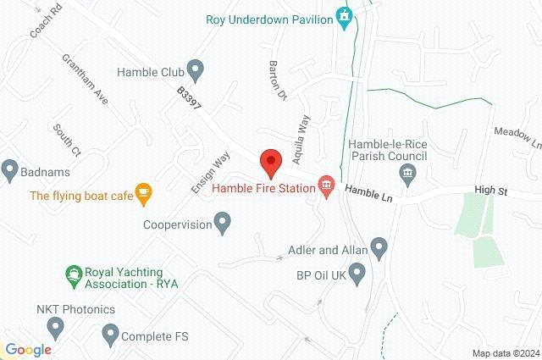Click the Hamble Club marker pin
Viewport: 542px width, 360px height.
tap(196, 68)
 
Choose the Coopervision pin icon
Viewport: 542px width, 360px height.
tap(223, 224)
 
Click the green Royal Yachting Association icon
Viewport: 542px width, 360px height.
tap(74, 275)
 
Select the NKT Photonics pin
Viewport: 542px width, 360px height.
tap(56, 326)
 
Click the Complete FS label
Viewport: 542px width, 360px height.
tap(154, 336)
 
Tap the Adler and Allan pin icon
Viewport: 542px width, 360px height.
tap(379, 248)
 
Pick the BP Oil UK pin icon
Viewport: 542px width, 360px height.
tap(357, 273)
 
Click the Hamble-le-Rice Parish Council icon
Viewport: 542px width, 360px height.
tap(408, 175)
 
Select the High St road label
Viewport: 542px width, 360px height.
tap(490, 192)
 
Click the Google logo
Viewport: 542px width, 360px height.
tap(28, 349)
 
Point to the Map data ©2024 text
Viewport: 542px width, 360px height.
tap(505, 353)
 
